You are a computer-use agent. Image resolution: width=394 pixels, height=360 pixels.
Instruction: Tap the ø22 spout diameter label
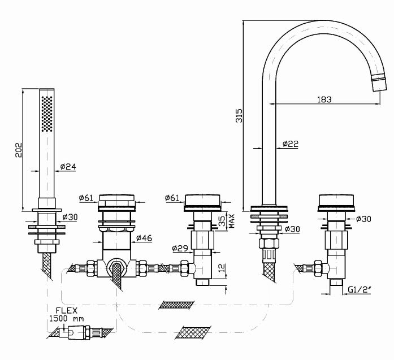(291, 144)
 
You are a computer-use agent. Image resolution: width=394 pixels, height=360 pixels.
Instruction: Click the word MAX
(232, 220)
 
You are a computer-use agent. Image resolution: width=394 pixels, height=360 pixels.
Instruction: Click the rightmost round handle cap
(337, 202)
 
